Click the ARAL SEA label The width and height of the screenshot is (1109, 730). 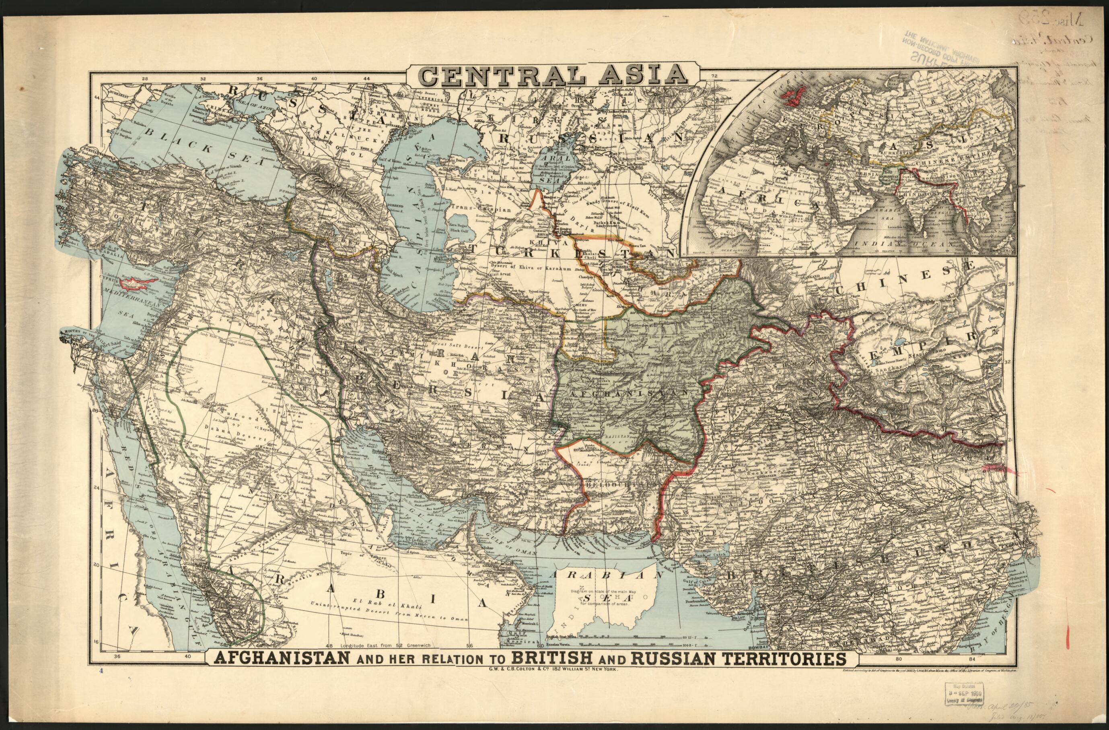tap(548, 170)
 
